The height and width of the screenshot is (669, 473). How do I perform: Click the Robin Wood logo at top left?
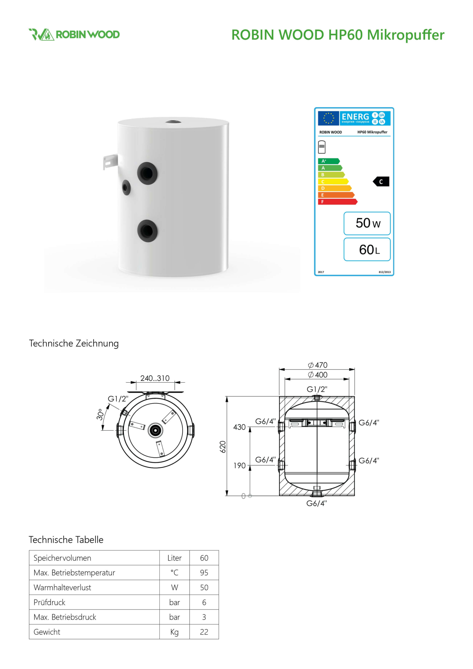74,34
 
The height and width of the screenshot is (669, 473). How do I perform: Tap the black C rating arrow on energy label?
381,182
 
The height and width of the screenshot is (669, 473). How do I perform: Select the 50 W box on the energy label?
367,223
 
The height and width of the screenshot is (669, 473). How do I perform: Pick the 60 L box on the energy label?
367,249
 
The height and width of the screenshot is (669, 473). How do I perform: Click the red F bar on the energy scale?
337,202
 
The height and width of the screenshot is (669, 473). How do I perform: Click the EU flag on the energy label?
328,118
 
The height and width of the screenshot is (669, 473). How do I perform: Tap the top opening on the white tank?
173,122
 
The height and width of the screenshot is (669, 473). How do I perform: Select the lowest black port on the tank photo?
147,230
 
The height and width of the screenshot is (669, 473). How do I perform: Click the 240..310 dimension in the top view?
155,378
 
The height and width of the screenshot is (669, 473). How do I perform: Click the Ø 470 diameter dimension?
318,365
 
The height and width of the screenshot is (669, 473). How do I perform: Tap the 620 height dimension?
223,447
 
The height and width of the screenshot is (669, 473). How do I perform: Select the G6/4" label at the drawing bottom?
316,503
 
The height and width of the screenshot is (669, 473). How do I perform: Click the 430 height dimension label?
239,427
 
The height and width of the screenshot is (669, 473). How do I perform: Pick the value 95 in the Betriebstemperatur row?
204,573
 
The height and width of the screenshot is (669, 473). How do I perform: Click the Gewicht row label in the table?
47,632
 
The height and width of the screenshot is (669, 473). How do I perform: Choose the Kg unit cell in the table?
174,632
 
